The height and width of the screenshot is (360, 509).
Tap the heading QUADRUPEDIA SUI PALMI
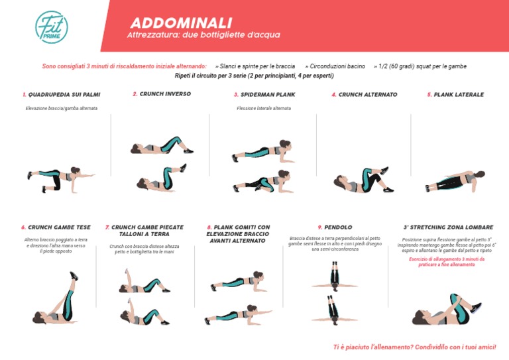coord(61,95)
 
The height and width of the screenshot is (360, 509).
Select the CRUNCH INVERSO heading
coord(162,94)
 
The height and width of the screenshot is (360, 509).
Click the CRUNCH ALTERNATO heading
coord(364,95)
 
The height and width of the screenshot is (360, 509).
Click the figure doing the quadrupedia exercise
coord(60,178)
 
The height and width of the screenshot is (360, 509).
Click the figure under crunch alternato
coord(359,180)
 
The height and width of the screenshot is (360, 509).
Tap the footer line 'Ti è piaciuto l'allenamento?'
coord(414,347)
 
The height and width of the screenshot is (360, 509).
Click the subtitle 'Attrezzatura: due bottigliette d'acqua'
coord(194,35)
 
